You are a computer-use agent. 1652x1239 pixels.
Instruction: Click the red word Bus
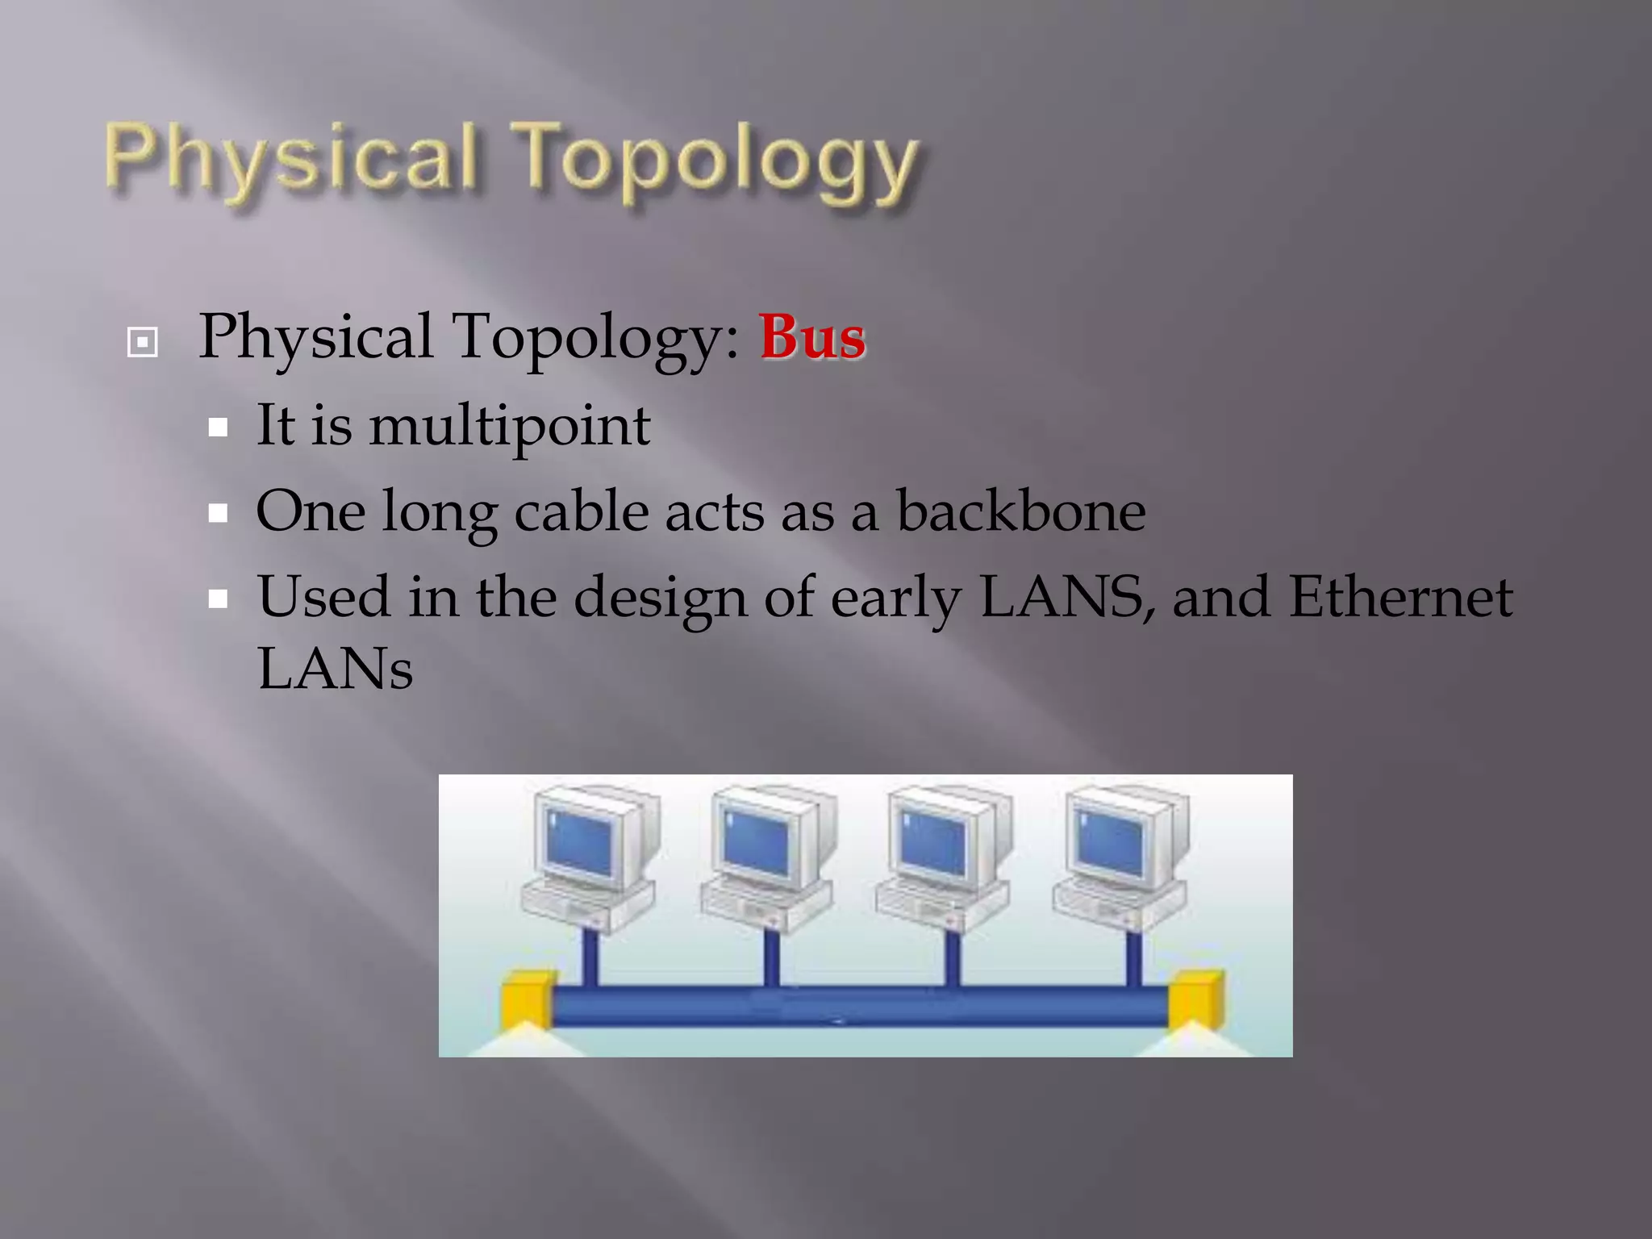(811, 337)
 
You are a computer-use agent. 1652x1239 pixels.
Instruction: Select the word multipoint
(509, 426)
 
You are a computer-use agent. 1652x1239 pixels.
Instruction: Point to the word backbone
(1020, 511)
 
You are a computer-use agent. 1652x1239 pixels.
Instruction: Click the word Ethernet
(1400, 597)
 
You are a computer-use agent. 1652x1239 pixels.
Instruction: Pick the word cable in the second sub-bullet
(581, 511)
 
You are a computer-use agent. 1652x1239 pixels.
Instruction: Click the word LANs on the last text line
(335, 668)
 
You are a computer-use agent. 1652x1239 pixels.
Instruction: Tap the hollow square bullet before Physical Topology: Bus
(143, 343)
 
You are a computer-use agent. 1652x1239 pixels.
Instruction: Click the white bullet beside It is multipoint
(218, 428)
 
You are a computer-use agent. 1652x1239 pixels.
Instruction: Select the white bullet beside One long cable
(218, 513)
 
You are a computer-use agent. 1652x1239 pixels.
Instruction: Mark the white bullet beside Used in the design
(218, 599)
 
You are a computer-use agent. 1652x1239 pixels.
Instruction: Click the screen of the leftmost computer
(579, 843)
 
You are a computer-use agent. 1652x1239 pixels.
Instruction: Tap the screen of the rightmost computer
(1111, 843)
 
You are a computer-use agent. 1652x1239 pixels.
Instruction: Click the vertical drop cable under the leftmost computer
(590, 960)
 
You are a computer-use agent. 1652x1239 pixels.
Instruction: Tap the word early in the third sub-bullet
(895, 599)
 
